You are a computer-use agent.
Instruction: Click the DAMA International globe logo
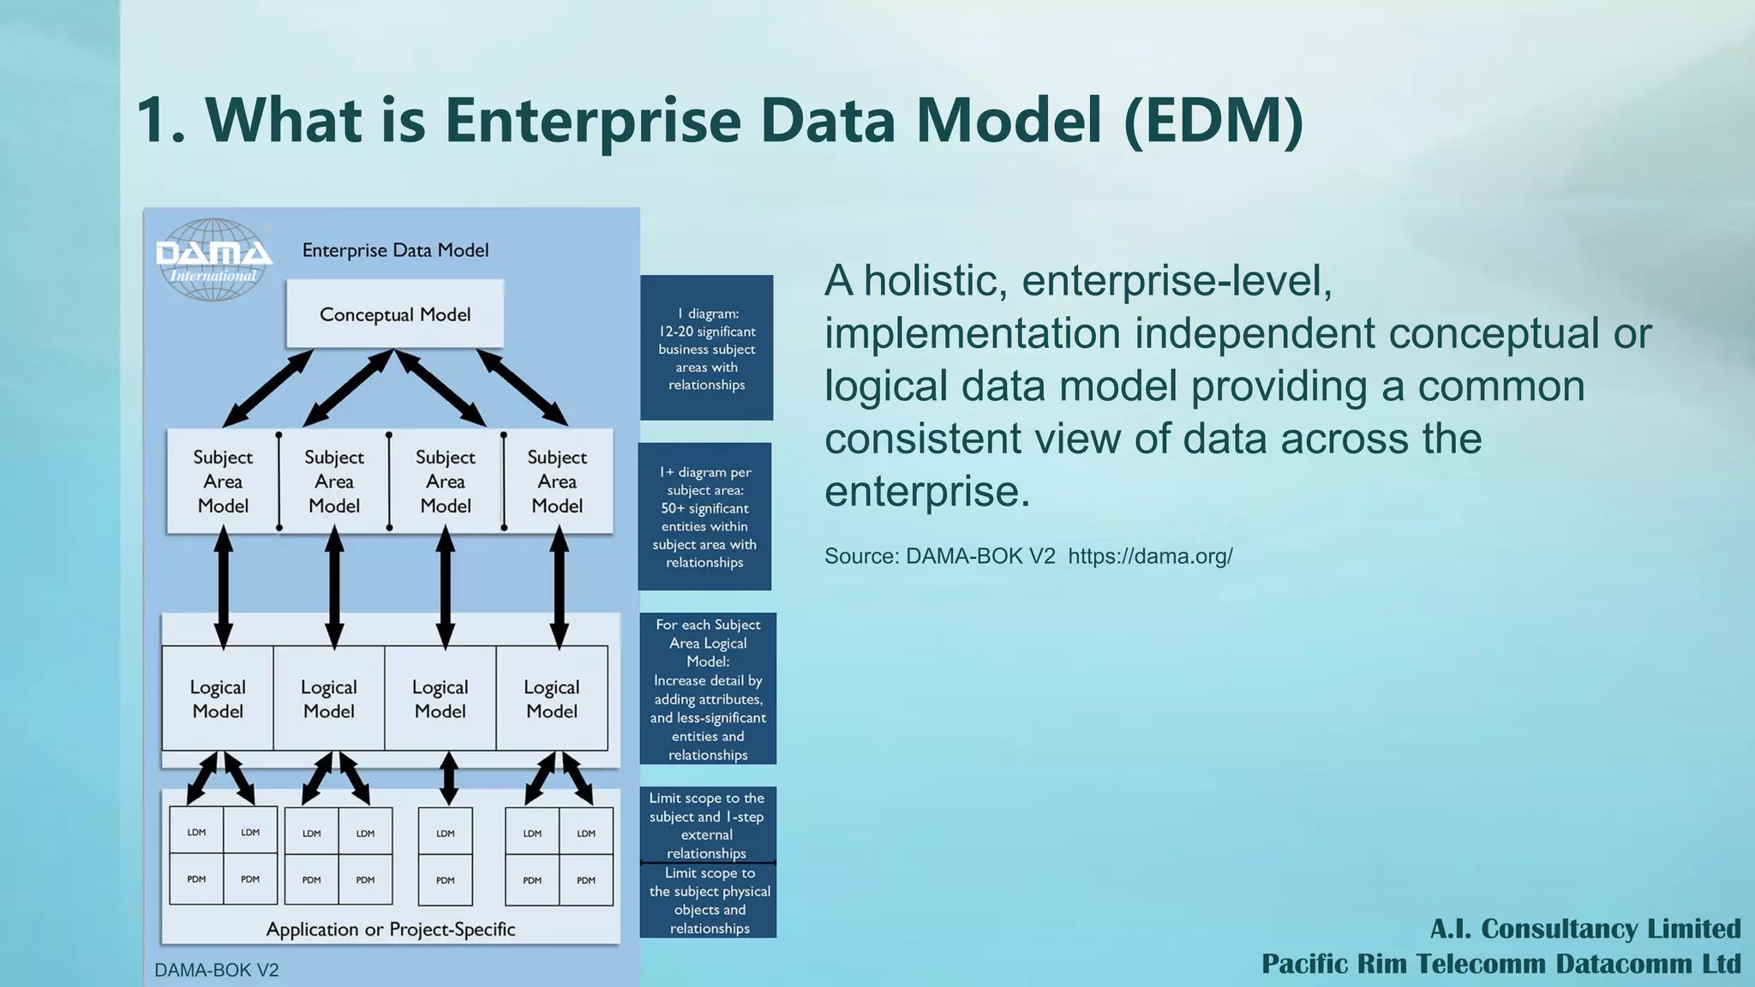pos(213,260)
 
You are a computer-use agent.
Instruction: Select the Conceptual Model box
pos(395,314)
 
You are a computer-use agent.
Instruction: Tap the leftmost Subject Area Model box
pos(223,482)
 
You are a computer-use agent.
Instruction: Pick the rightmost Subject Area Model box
pos(557,482)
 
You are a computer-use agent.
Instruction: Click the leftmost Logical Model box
pos(218,699)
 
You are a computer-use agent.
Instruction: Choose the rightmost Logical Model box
pos(552,699)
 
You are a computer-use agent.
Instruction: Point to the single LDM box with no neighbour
pos(446,832)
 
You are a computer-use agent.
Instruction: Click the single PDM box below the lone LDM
pos(446,879)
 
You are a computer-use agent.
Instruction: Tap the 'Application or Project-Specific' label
pos(391,930)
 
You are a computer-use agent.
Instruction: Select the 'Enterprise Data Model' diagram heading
pos(395,250)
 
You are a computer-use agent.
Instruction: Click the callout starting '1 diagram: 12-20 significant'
pos(707,349)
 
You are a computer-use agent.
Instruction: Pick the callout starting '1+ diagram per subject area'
pos(704,517)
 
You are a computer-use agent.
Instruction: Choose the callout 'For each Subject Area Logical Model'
pos(708,689)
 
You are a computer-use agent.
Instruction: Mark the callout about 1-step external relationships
pos(707,825)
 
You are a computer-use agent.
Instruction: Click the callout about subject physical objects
pos(710,900)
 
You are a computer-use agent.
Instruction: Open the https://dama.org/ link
pos(1150,556)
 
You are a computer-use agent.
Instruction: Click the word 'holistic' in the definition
pos(935,281)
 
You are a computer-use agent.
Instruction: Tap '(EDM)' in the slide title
pos(1213,120)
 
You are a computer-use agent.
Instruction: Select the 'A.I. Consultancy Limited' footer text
pos(1585,929)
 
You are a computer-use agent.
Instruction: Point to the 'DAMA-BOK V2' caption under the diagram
pos(217,970)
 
